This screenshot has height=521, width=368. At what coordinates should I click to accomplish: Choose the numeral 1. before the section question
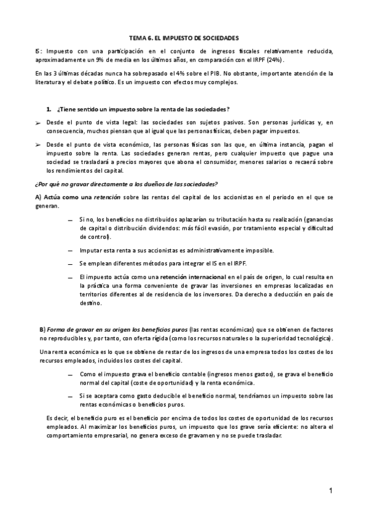(49, 109)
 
